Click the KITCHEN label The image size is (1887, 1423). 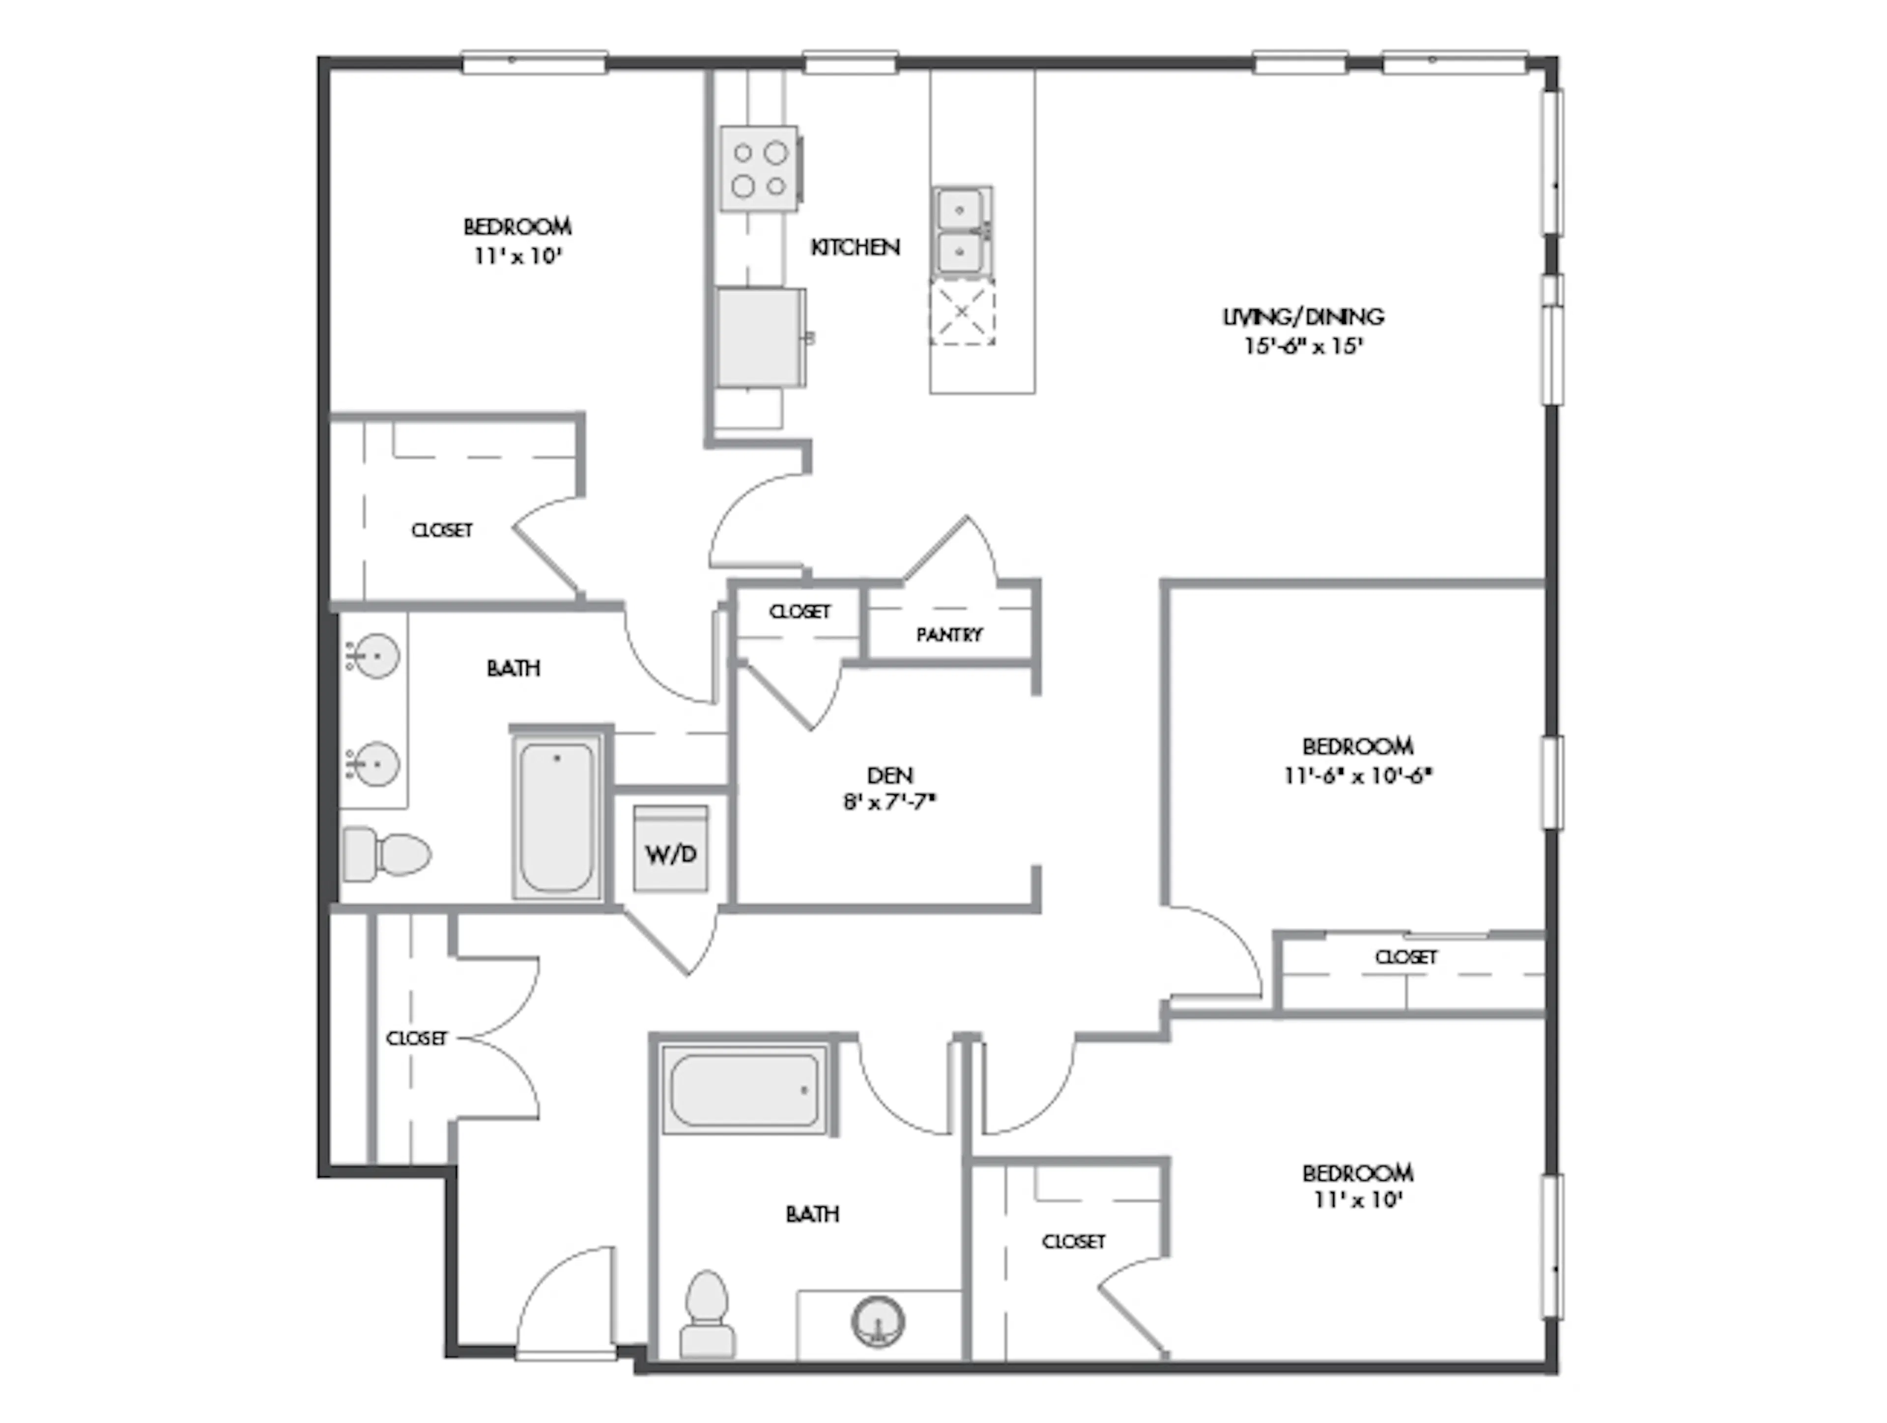(855, 247)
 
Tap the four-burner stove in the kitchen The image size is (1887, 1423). (759, 169)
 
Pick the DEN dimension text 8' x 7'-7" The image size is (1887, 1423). (890, 803)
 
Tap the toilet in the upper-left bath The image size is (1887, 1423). (386, 853)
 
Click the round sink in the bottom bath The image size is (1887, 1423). (878, 1321)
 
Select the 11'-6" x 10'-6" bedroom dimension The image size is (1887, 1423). (1357, 776)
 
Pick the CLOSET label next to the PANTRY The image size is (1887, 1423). (800, 611)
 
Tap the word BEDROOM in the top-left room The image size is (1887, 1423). (517, 227)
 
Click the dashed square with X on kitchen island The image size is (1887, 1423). (961, 312)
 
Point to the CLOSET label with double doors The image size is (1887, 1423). (416, 1038)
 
